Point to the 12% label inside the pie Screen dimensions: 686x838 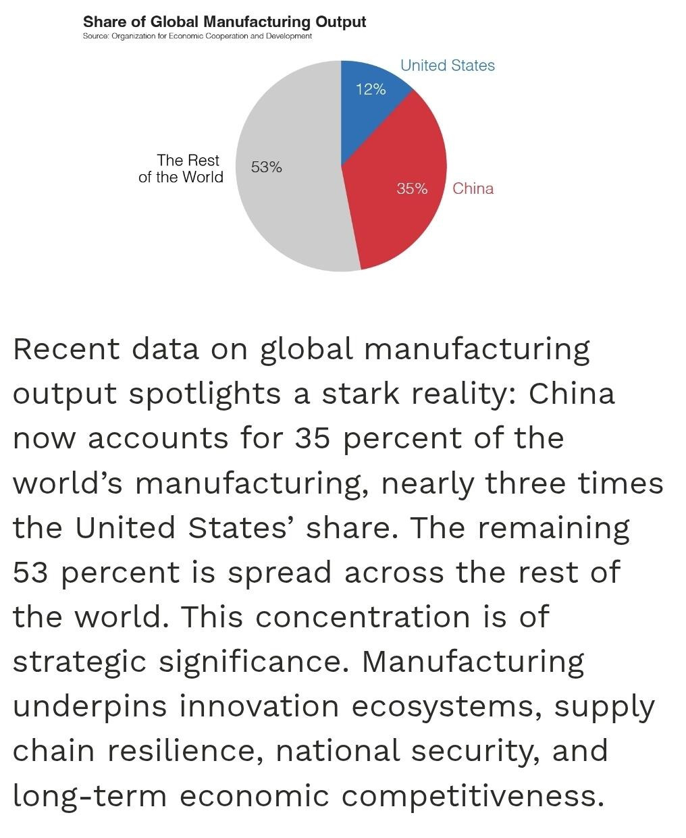coord(371,89)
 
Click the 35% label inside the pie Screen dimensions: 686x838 coord(412,188)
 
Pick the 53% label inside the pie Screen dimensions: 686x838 coord(267,167)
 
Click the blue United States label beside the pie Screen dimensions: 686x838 coord(448,66)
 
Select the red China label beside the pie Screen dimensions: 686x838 coord(473,188)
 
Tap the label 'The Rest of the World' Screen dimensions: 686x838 coord(181,168)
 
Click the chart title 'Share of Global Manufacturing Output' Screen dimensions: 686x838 coord(224,22)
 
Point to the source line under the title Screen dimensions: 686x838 coord(197,36)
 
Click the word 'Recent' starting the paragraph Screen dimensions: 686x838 coord(66,349)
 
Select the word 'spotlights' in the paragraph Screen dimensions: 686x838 coord(205,394)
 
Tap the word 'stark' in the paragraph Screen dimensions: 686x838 coord(361,394)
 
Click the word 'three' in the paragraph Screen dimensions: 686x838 coord(525,483)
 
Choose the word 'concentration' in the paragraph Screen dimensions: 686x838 coord(363,618)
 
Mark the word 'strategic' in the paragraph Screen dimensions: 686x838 coord(80,663)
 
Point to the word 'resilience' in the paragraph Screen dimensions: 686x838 coord(186,752)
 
